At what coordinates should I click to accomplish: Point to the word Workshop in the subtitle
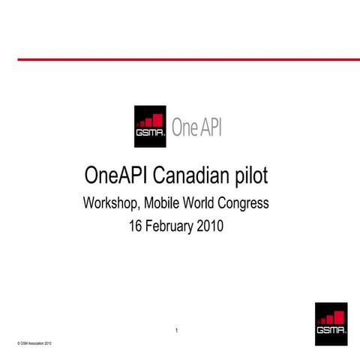[112, 203]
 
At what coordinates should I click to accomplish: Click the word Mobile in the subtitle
[163, 203]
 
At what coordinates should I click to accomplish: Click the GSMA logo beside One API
[150, 126]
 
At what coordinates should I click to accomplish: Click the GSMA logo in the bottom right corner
[331, 324]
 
